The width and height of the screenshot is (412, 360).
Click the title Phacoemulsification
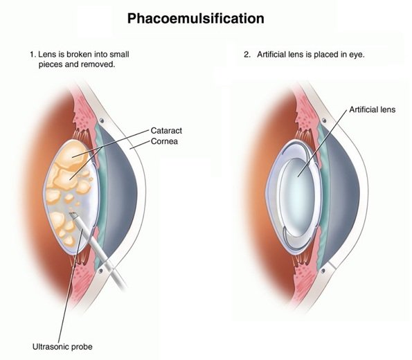196,19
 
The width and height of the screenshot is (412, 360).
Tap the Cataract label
166,131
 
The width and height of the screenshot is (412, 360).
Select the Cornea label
165,141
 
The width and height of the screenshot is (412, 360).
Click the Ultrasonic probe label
62,347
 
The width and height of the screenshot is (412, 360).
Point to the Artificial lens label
373,109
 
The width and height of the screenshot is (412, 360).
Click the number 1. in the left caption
33,55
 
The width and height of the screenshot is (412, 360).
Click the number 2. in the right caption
247,55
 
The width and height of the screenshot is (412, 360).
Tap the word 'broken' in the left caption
79,55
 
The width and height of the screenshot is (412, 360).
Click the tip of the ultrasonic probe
71,214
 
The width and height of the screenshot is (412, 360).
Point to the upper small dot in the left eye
101,120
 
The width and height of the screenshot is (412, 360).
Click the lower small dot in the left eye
100,271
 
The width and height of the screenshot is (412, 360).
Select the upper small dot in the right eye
324,120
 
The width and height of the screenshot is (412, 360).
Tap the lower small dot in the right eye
323,271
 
